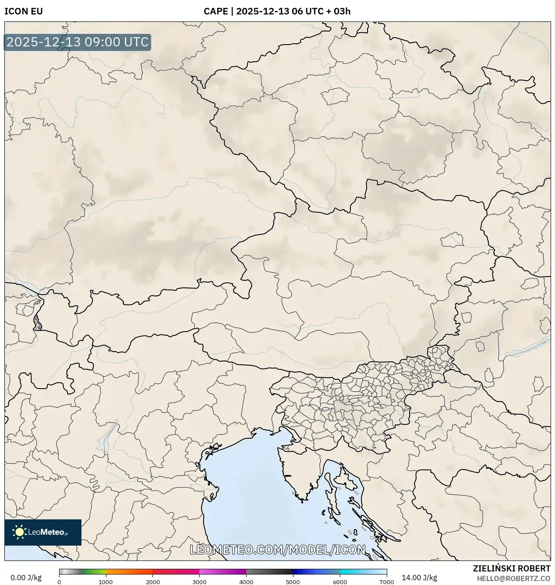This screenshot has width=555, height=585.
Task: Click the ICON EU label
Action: (x=24, y=11)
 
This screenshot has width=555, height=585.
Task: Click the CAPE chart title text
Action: (x=277, y=11)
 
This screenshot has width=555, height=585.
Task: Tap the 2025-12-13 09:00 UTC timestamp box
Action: (x=78, y=42)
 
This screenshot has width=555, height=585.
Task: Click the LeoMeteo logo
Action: (x=43, y=532)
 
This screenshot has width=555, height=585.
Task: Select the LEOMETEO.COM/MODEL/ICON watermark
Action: (x=277, y=550)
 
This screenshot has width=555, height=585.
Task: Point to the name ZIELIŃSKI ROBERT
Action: (x=511, y=568)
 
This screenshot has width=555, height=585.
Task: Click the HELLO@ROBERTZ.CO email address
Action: (x=513, y=578)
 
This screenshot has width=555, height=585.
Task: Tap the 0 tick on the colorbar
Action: (x=59, y=582)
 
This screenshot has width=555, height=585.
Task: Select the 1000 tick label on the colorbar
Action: (x=106, y=582)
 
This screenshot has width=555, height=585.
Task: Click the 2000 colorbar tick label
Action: (x=152, y=582)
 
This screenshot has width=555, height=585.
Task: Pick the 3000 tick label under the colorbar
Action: (x=199, y=582)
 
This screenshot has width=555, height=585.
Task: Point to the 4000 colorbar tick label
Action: (x=246, y=582)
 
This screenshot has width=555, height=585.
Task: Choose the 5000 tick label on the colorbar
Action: (x=293, y=582)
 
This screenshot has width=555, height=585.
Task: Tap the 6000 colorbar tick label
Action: (x=340, y=582)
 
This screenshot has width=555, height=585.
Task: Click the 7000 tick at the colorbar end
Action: (x=386, y=582)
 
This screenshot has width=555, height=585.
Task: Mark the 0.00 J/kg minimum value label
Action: (x=26, y=578)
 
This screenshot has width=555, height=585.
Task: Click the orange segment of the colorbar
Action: (x=129, y=571)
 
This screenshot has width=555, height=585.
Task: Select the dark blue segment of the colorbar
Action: (x=307, y=571)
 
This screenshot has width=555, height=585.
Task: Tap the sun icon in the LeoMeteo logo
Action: (x=19, y=532)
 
